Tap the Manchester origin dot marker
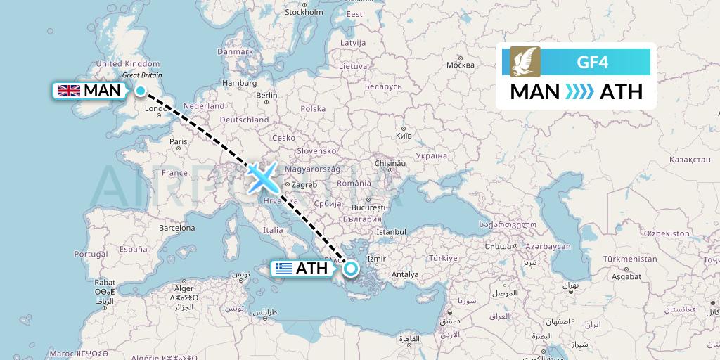coord(141,91)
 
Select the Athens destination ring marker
coord(349,267)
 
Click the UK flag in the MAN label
coord(68,90)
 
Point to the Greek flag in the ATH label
coord(284,268)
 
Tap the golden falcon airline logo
coord(525,62)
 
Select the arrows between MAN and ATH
coord(580,92)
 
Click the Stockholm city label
coord(304,12)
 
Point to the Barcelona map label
coord(176,228)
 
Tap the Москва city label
coord(461,65)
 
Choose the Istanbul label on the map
coord(392,231)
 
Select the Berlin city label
coord(266,96)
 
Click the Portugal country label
coord(90,254)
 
